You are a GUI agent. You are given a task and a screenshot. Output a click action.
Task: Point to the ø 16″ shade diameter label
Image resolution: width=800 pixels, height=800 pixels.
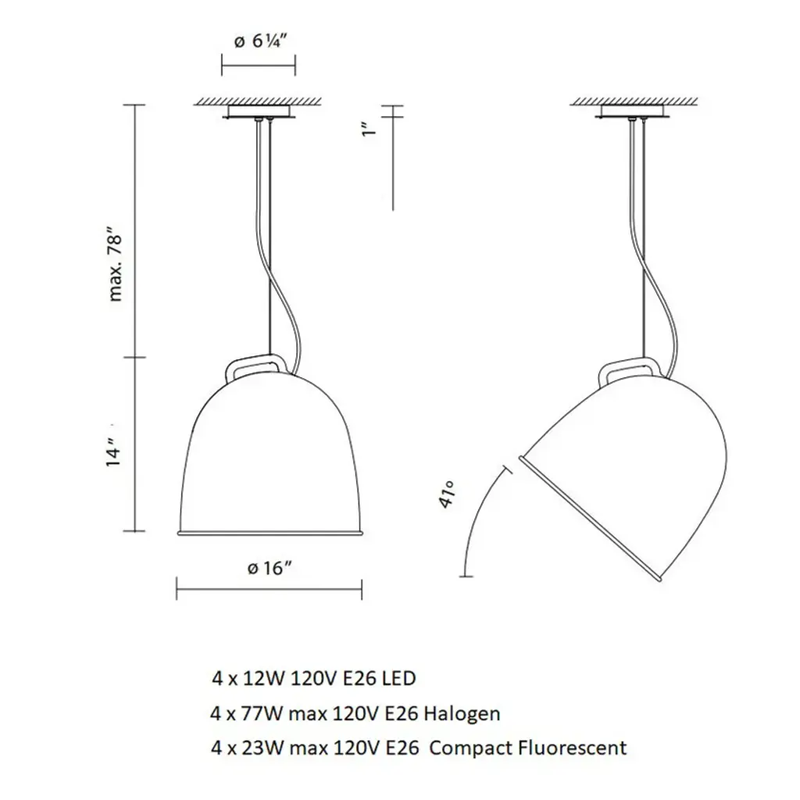pyautogui.click(x=270, y=568)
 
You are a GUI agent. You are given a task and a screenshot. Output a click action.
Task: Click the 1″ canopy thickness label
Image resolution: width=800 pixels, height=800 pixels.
pyautogui.click(x=369, y=128)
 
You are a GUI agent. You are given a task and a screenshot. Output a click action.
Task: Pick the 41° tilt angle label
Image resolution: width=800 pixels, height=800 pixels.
pyautogui.click(x=446, y=495)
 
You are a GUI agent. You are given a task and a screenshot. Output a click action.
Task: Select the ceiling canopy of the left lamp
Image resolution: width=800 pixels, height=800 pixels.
pyautogui.click(x=259, y=112)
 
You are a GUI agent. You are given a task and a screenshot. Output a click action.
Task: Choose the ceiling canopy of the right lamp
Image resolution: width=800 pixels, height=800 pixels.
pyautogui.click(x=633, y=112)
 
